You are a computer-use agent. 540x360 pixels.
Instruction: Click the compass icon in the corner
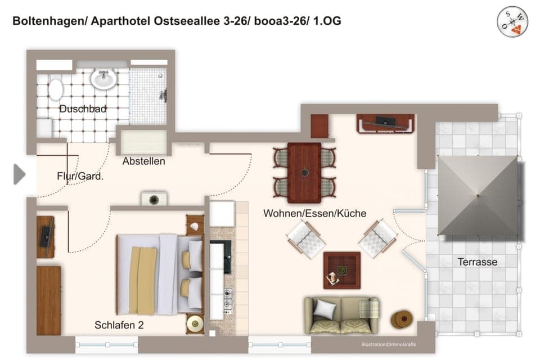click(x=512, y=22)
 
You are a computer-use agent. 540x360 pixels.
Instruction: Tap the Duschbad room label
click(x=83, y=109)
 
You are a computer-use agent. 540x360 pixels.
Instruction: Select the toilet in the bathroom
click(x=56, y=89)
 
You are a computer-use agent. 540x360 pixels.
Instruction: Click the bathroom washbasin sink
click(x=103, y=79)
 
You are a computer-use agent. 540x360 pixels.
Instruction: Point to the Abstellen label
click(x=144, y=161)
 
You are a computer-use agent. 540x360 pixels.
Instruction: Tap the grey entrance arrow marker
click(x=19, y=174)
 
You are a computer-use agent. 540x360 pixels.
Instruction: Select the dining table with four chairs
click(x=304, y=173)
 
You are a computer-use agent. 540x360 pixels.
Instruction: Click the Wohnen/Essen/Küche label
click(x=314, y=213)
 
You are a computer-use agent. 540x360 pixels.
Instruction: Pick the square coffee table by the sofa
click(x=341, y=270)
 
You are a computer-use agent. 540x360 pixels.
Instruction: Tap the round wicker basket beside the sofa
click(x=402, y=319)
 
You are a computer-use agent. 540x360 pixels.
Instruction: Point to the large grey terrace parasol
click(x=478, y=196)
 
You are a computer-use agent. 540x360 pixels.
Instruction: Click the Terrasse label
click(x=478, y=262)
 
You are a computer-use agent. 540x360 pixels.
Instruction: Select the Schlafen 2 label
click(x=120, y=325)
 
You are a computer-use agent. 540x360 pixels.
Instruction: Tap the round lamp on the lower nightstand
click(x=195, y=323)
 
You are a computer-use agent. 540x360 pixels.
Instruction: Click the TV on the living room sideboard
click(x=385, y=120)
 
